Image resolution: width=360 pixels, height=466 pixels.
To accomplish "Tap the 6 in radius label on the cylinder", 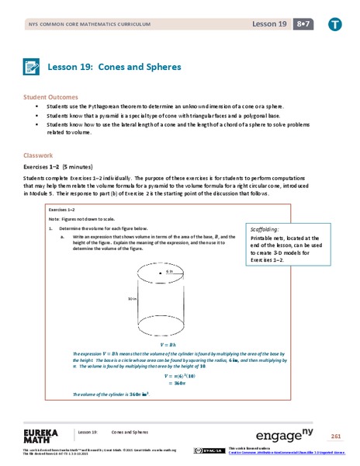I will [168, 273].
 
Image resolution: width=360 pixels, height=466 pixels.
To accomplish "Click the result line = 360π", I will [178, 382].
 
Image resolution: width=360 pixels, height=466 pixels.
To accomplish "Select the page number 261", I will [335, 436].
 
